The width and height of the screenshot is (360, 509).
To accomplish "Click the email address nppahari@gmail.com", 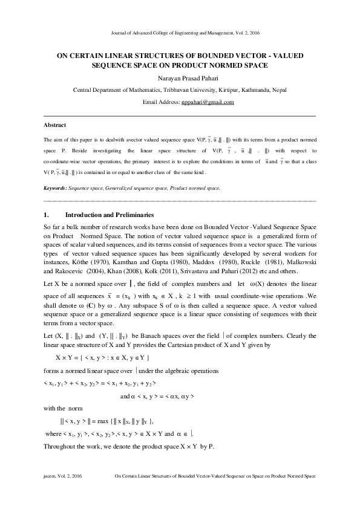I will pos(207,103).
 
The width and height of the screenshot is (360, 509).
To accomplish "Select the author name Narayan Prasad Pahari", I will pos(180,78).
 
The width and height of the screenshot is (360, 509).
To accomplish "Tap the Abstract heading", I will pos(54,125).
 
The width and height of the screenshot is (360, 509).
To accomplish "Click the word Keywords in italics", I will pos(56,189).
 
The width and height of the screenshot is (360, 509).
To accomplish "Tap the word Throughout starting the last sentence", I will pos(61,447).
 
